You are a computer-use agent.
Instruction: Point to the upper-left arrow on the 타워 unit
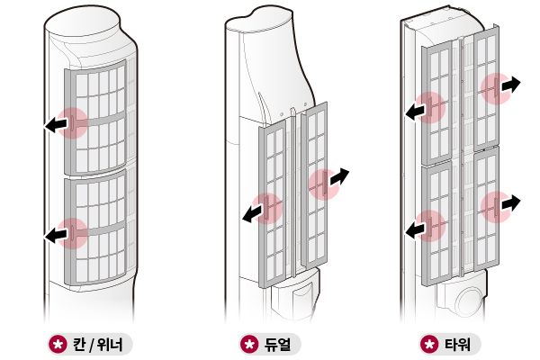pyautogui.click(x=417, y=111)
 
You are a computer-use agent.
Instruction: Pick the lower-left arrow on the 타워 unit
pyautogui.click(x=417, y=229)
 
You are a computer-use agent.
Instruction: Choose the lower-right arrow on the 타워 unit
pyautogui.click(x=508, y=203)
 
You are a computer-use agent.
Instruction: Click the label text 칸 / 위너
pyautogui.click(x=100, y=344)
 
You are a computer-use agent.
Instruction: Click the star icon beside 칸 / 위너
pyautogui.click(x=58, y=344)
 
